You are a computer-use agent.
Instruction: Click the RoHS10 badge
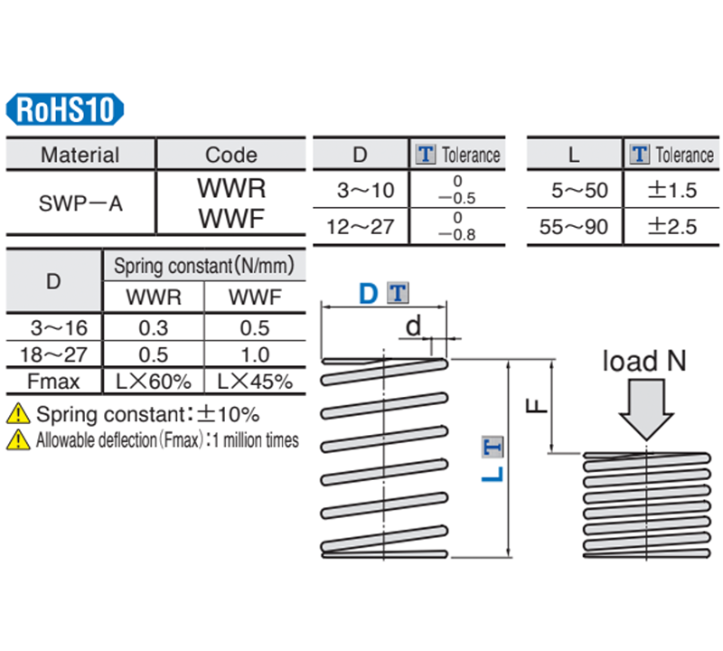coord(65,110)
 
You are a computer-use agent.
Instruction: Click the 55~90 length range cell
coord(574,226)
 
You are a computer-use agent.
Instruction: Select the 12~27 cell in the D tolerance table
coord(361,226)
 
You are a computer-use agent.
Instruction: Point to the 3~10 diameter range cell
coord(361,191)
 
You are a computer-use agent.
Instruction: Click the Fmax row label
coord(54,382)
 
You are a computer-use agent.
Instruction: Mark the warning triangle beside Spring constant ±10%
coord(17,415)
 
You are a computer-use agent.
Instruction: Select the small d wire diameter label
coord(413,325)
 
